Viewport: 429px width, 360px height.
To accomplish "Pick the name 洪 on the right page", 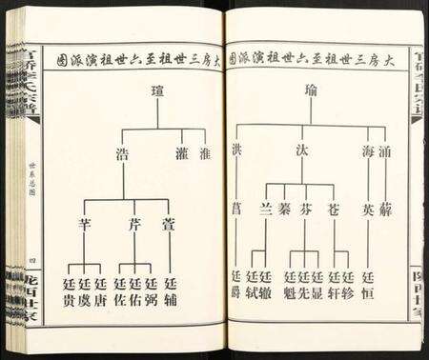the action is click(x=236, y=151).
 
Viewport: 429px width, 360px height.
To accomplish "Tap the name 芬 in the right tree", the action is click(x=306, y=208).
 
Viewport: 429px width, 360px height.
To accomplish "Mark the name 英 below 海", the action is click(x=368, y=208).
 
